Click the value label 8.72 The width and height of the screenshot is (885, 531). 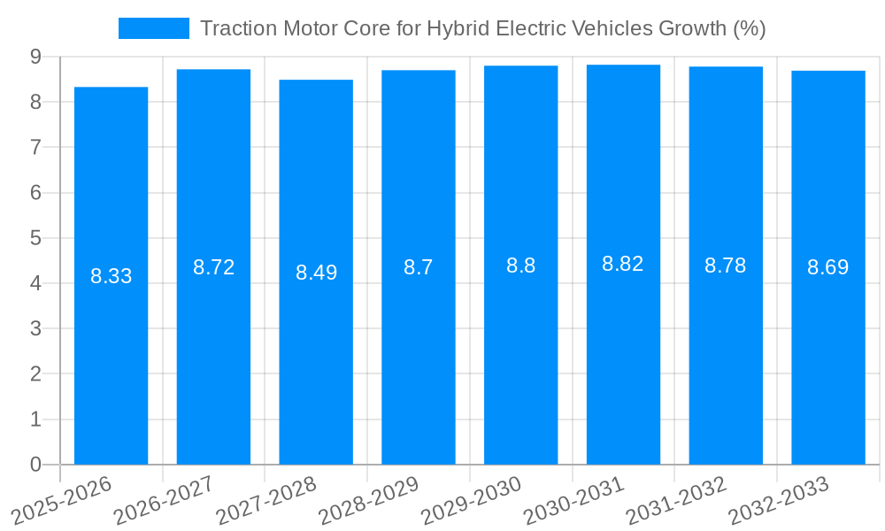point(213,267)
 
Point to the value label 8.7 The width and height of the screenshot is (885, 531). point(419,267)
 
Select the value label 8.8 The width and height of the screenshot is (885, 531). point(520,265)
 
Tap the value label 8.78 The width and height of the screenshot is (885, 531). point(726,265)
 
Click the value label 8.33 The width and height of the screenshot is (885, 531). point(111,276)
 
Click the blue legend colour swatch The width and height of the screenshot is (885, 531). point(154,28)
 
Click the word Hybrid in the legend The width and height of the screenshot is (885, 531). point(456,29)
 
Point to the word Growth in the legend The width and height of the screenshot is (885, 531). point(693,28)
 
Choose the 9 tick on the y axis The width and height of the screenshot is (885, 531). point(35,57)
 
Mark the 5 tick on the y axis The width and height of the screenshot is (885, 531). point(35,238)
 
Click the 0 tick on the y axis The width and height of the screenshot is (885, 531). point(35,465)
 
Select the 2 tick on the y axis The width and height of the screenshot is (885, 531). point(35,374)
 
